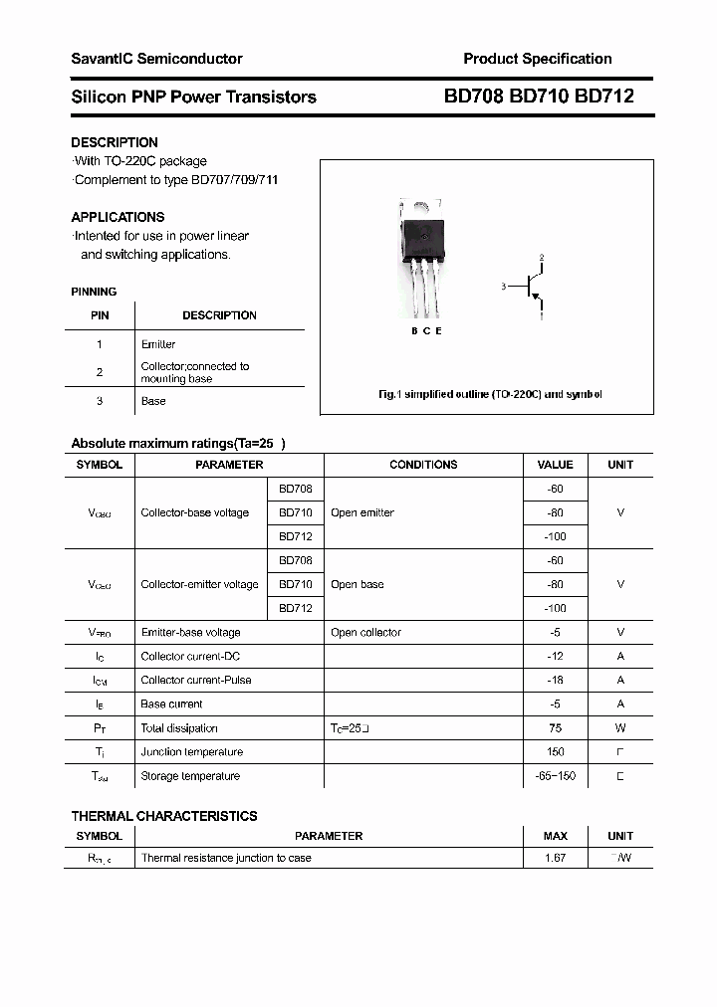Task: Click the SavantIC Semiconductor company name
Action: coord(156,59)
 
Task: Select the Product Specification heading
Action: coord(538,59)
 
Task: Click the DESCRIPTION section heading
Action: coord(115,142)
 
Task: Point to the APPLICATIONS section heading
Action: coord(118,217)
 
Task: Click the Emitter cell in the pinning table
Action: coord(158,344)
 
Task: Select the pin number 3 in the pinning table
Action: coord(100,401)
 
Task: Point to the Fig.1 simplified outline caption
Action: coord(490,395)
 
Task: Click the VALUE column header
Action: coord(555,465)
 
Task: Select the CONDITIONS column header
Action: coord(423,465)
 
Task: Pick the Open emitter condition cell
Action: coord(362,512)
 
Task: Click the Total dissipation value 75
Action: coord(555,728)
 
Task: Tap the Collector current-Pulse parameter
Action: coord(196,681)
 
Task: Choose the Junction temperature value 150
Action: coord(555,752)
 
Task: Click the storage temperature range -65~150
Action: coord(555,776)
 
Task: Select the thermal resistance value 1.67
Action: coord(555,858)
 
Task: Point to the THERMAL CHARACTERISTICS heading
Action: coord(164,816)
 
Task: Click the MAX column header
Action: coord(555,836)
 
